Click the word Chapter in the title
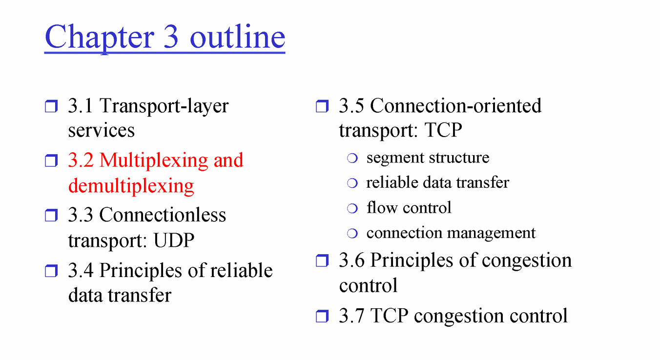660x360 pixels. coord(100,38)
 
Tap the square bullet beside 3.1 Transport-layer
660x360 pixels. coord(51,106)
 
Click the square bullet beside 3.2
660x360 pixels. coord(51,160)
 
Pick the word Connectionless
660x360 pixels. coord(163,215)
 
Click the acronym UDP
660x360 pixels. coord(174,240)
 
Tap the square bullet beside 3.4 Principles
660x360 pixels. coord(51,271)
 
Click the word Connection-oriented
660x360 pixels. coord(455,105)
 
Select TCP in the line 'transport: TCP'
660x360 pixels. coord(443,130)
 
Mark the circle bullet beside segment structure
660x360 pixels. coord(352,158)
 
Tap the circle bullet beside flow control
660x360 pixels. coord(352,208)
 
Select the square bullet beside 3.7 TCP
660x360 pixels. coord(322,317)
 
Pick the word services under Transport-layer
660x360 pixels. coord(102,131)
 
